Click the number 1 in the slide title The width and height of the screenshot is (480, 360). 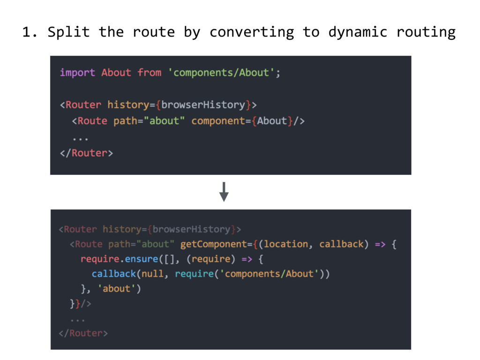(27, 32)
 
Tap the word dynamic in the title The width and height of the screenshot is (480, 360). (358, 32)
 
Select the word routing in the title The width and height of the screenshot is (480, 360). (426, 32)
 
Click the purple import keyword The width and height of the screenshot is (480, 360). (77, 73)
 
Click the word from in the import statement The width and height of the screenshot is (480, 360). (149, 73)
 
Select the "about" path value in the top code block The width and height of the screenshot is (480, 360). (165, 121)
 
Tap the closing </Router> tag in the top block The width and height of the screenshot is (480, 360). (86, 153)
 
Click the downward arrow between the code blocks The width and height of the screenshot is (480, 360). (224, 191)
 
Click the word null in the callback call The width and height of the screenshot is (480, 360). (153, 274)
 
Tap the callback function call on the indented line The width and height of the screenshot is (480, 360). (114, 274)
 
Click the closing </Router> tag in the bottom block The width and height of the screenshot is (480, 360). (83, 333)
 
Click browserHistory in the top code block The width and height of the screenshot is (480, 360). (203, 105)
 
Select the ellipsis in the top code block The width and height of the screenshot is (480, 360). (80, 137)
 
